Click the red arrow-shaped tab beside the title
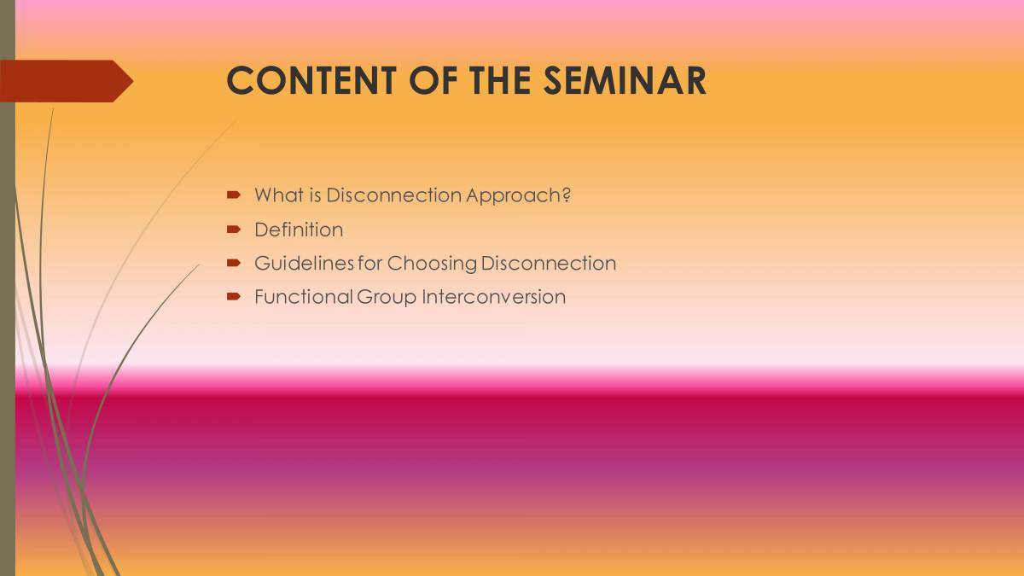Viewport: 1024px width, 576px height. pyautogui.click(x=65, y=81)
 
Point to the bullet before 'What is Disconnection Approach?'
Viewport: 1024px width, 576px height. pyautogui.click(x=233, y=195)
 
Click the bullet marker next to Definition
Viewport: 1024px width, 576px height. pyautogui.click(x=233, y=230)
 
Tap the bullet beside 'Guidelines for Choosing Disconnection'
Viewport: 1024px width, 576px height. pyautogui.click(x=233, y=264)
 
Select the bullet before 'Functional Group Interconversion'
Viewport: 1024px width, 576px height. pyautogui.click(x=233, y=297)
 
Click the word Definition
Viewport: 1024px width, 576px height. pyautogui.click(x=299, y=230)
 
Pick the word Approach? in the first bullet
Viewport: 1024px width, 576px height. pyautogui.click(x=518, y=195)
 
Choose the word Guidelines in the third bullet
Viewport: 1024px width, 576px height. pyautogui.click(x=304, y=264)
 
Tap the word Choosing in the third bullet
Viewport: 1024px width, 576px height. pyautogui.click(x=432, y=264)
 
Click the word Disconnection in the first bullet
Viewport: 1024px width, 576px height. pyautogui.click(x=393, y=195)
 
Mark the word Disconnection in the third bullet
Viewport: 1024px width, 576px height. pyautogui.click(x=549, y=264)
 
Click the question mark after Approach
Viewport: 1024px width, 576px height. pyautogui.click(x=566, y=195)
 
